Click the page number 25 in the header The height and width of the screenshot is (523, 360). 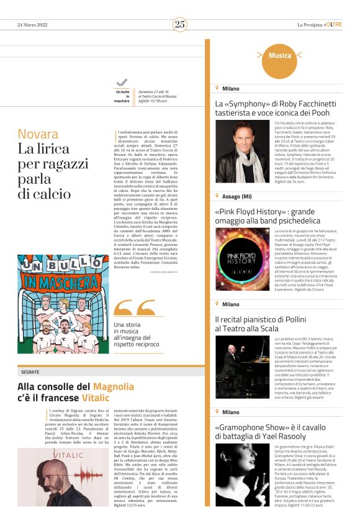click(x=180, y=24)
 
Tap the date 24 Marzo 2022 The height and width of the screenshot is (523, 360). click(x=33, y=25)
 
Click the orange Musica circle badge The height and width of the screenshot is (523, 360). click(x=279, y=56)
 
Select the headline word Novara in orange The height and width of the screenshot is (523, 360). click(x=38, y=134)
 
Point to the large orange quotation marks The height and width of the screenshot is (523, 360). click(x=134, y=308)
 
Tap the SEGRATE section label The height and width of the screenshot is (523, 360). click(x=30, y=371)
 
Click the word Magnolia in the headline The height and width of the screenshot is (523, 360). click(x=113, y=386)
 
